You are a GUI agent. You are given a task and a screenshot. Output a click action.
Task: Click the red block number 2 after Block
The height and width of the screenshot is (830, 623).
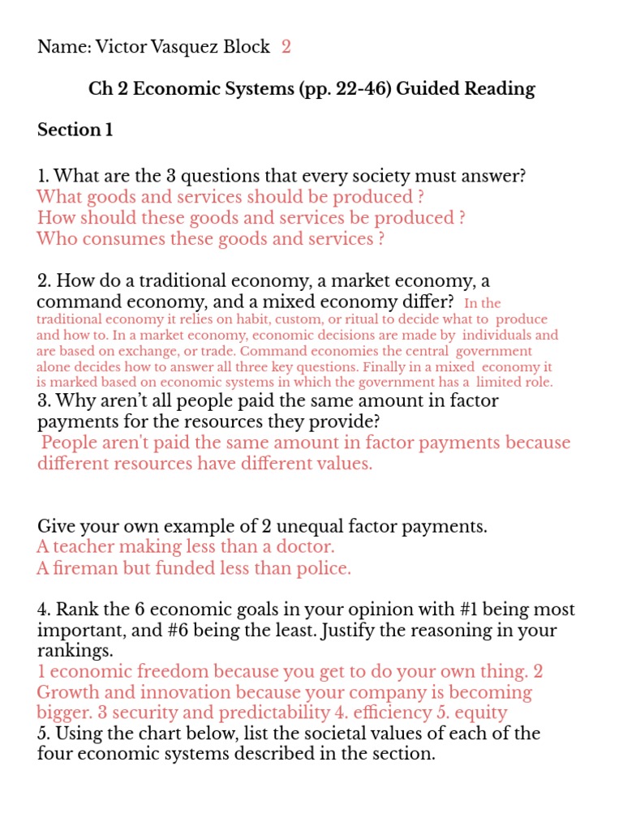(x=286, y=47)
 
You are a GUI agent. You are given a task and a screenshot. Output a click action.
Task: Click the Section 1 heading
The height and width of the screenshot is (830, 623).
(x=75, y=130)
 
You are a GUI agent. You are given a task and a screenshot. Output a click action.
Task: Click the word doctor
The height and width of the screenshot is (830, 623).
(x=304, y=547)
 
